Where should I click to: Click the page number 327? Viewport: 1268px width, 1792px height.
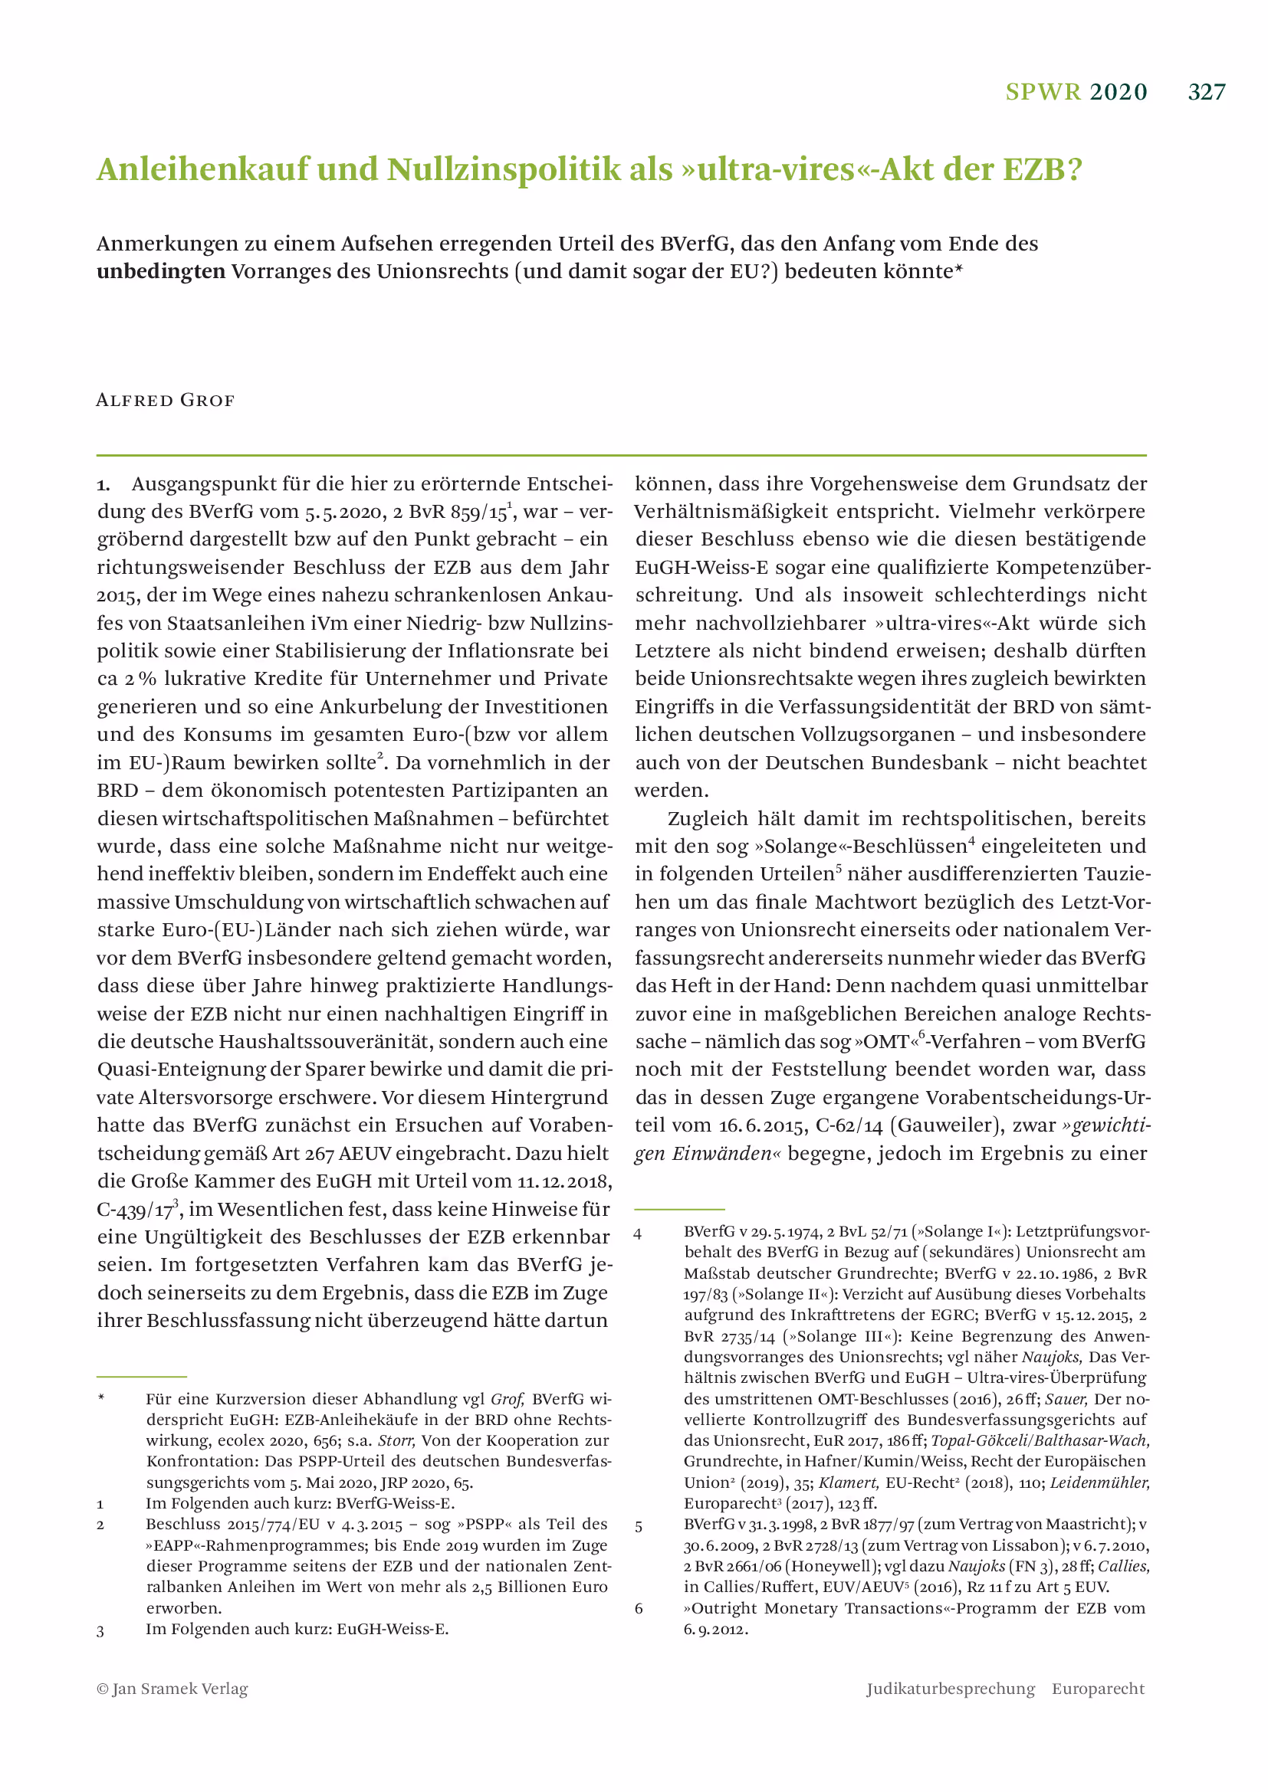coord(1207,92)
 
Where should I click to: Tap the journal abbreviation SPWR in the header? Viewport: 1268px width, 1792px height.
coord(1043,92)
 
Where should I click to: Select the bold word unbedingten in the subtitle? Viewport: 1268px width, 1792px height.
coord(161,272)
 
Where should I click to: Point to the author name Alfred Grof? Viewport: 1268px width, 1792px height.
coord(165,401)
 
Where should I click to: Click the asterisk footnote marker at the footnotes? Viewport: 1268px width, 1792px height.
coord(101,1397)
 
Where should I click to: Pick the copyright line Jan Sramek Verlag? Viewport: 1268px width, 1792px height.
coord(172,1689)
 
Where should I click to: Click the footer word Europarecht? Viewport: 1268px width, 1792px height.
coord(1098,1689)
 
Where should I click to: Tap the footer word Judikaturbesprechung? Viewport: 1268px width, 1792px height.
coord(950,1689)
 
